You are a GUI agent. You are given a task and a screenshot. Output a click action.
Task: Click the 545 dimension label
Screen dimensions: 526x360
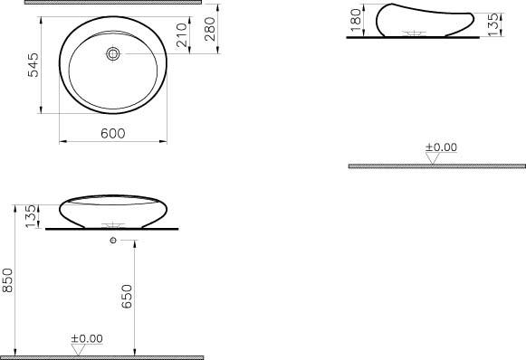tap(33, 65)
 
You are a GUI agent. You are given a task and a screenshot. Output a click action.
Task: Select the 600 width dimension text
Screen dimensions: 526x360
tap(113, 134)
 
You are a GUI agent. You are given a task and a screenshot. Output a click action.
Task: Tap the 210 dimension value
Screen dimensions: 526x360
tap(181, 35)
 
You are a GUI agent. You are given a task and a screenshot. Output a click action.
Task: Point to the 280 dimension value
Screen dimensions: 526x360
tap(210, 29)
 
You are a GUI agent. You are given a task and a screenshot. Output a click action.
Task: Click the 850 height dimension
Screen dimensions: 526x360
tap(7, 280)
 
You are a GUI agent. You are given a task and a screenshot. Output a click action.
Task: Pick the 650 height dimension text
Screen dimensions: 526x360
tap(127, 297)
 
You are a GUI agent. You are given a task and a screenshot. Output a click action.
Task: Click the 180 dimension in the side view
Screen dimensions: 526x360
tap(356, 19)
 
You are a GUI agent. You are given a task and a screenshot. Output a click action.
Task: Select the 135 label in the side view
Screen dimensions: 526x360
tap(493, 24)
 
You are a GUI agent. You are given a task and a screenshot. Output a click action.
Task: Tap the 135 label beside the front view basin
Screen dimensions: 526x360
tap(31, 216)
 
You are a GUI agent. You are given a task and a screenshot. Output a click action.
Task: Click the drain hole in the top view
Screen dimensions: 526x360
tap(113, 53)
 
